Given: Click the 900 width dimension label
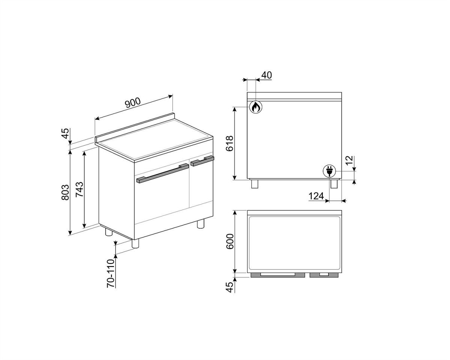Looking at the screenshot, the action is click(133, 102).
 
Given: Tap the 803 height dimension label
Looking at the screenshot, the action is click(65, 193).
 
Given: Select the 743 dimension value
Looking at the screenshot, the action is click(79, 190).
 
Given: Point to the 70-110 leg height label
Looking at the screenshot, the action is click(111, 273).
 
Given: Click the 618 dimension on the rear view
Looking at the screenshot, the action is click(229, 144).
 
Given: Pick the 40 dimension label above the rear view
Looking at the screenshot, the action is click(267, 75).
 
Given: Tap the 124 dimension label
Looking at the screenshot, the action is click(316, 196).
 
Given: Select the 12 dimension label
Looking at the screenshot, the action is click(349, 160).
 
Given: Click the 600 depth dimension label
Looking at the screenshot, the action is click(230, 241).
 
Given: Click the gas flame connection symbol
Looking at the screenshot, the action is click(256, 107).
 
